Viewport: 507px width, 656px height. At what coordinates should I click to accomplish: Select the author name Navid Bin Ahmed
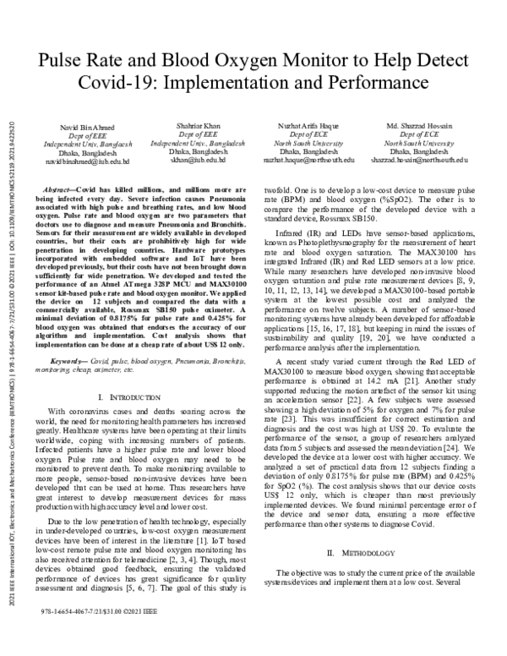tap(87, 127)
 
